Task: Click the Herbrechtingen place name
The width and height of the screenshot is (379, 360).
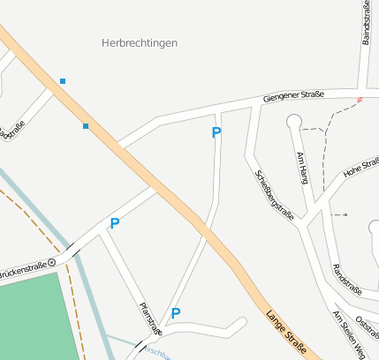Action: tap(140, 42)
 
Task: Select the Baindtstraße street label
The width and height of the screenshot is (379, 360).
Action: tap(366, 22)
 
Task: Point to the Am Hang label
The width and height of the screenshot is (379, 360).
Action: tap(303, 167)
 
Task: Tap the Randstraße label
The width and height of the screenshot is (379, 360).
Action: tap(346, 279)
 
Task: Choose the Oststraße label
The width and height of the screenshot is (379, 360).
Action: tap(368, 321)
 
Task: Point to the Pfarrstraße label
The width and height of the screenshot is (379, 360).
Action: tap(151, 319)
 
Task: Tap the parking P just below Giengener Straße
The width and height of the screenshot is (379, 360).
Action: tap(216, 132)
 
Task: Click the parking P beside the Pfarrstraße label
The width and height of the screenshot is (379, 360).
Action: tap(176, 313)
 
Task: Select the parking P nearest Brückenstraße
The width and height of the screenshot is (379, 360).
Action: tap(115, 223)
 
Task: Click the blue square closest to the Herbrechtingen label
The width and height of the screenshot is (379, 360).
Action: tap(63, 81)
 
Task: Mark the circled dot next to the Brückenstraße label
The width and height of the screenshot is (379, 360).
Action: tap(52, 262)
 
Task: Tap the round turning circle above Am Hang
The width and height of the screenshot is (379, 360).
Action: tap(294, 122)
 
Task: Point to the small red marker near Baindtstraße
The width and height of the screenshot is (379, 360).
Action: tap(360, 99)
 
